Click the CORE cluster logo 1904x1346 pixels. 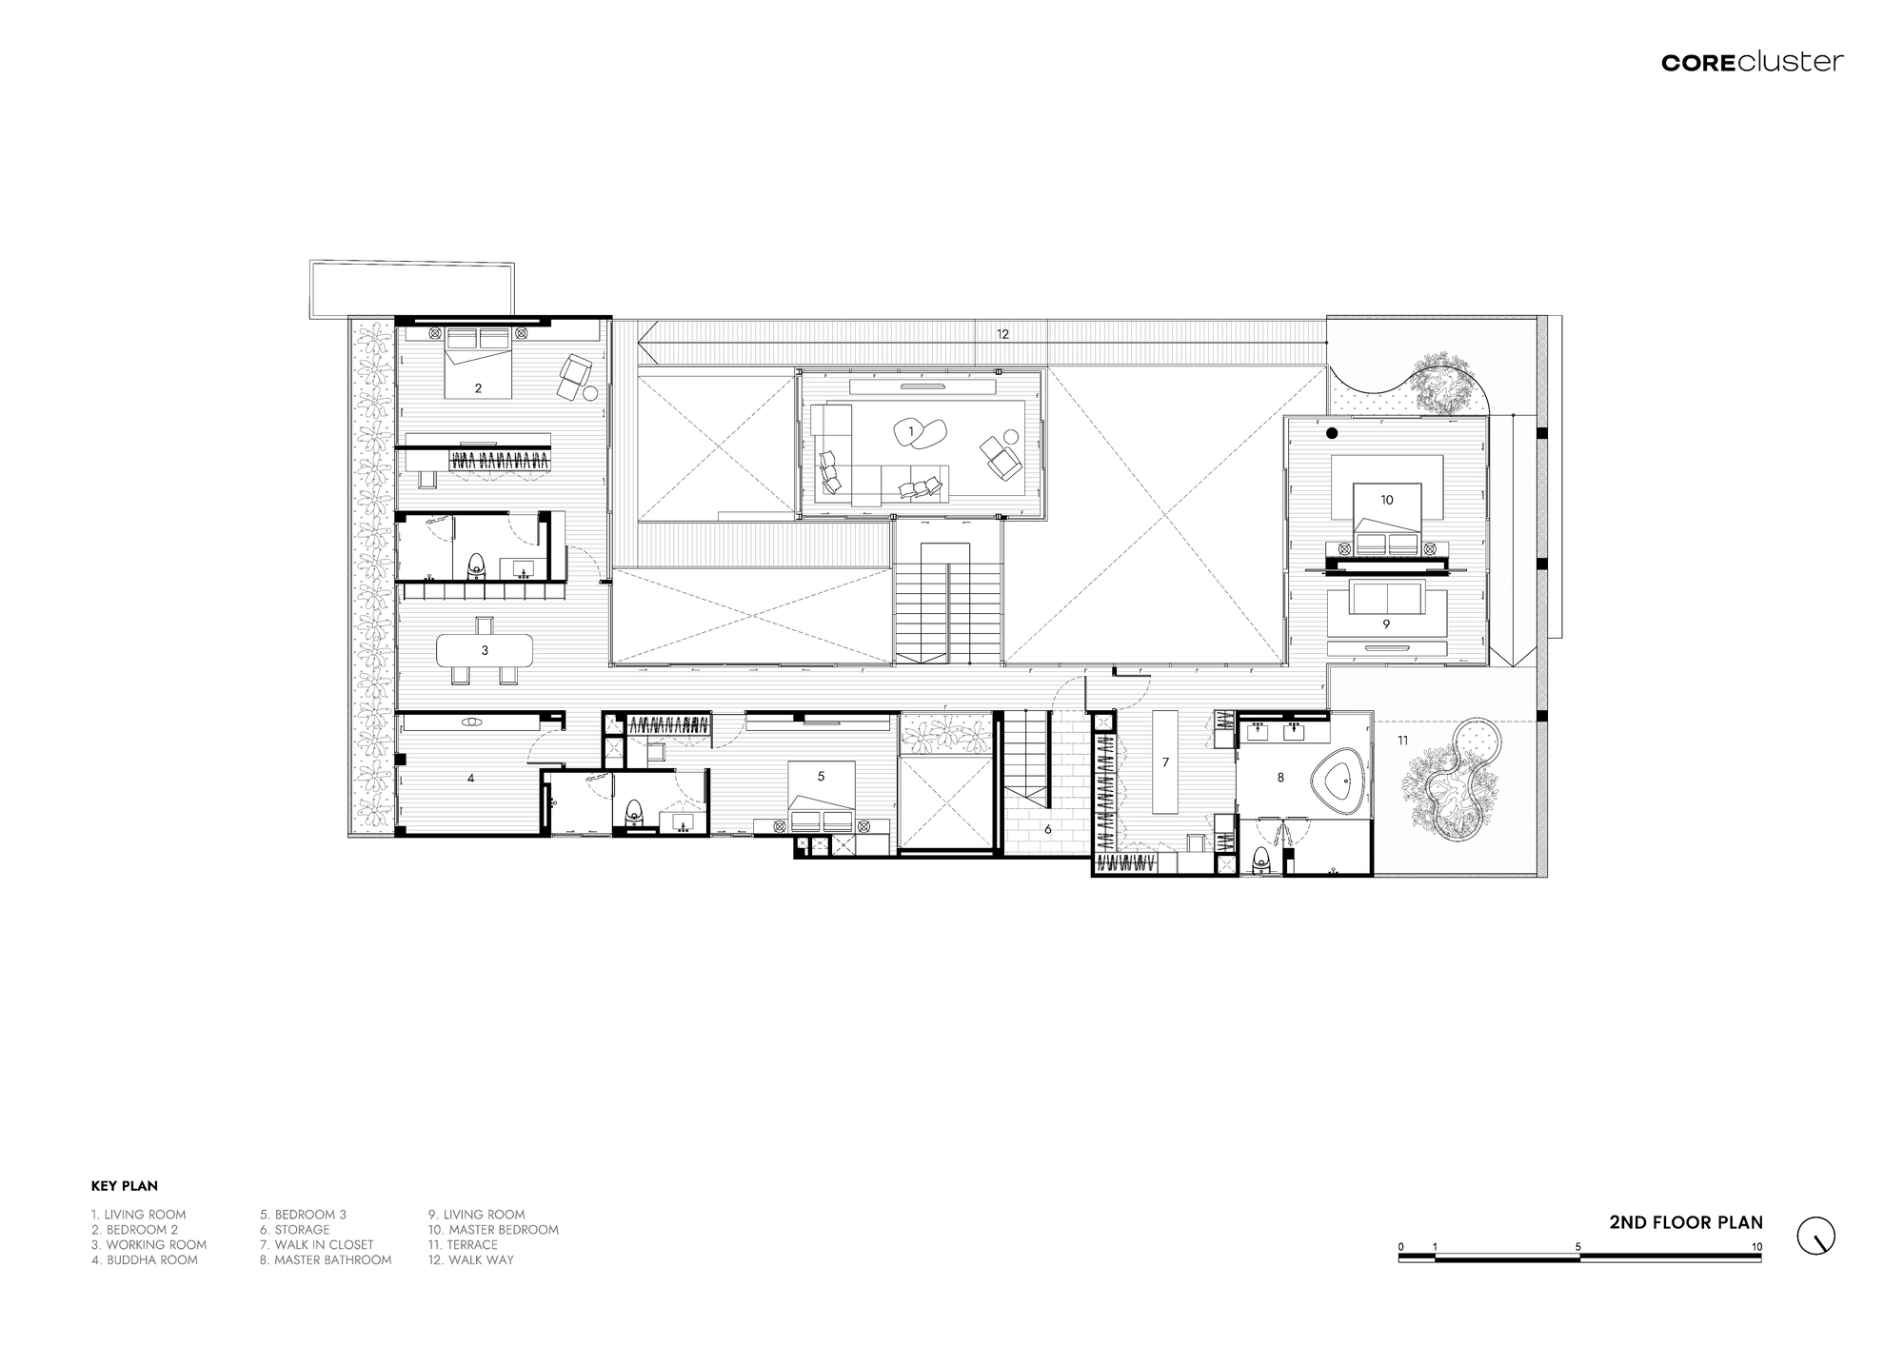(x=1752, y=63)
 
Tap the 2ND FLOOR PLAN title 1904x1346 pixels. (x=1686, y=1223)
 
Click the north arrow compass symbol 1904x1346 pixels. (x=1815, y=1236)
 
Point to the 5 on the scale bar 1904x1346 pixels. (x=1578, y=1247)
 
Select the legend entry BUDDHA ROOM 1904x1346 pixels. (x=145, y=1260)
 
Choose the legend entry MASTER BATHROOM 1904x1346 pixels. (x=325, y=1260)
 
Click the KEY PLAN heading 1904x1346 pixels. (x=125, y=1186)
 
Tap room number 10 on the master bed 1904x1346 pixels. (x=1386, y=500)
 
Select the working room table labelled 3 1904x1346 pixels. (x=485, y=650)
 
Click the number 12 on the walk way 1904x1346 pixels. (x=1002, y=334)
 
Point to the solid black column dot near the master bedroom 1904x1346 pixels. (x=1332, y=434)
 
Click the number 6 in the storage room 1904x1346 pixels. (x=1048, y=829)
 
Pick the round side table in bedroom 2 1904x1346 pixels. (x=590, y=393)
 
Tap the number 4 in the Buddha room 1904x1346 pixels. (x=470, y=779)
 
